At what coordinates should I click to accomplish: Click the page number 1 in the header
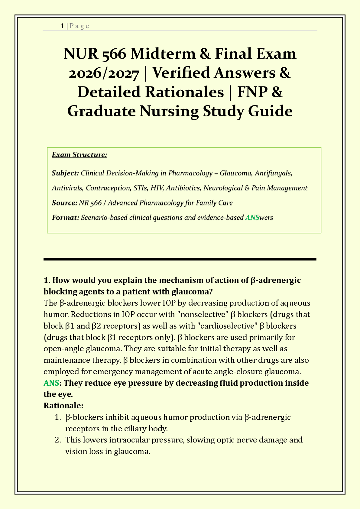coord(62,26)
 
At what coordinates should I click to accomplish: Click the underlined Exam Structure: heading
coord(79,155)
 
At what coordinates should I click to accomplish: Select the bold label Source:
coord(64,203)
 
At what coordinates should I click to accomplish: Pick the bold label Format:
coord(65,217)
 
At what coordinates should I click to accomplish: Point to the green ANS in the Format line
coord(252,217)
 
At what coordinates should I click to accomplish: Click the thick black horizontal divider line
coord(180,259)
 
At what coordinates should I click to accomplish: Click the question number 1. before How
coord(47,280)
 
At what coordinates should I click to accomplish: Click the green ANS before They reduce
coord(51,383)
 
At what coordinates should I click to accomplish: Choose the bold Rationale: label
coord(63,405)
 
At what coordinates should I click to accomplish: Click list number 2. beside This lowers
coord(58,440)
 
